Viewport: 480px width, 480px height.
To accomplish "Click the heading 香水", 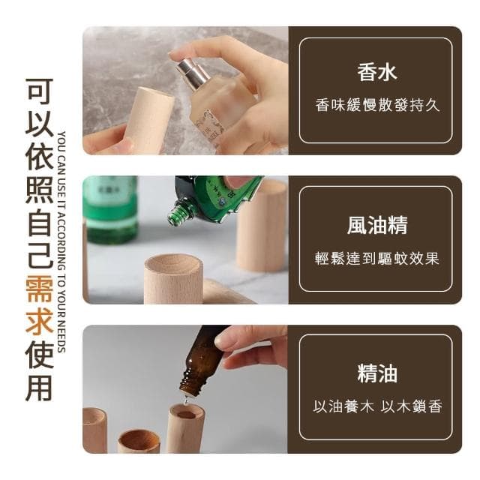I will click(376, 73).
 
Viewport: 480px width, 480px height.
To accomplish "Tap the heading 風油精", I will click(376, 223).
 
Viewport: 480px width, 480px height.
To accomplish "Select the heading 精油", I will click(376, 373).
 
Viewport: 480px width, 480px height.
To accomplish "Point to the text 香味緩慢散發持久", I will click(376, 105).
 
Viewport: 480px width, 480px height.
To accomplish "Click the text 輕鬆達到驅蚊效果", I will click(376, 257).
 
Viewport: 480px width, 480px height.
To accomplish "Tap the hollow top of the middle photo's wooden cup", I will click(172, 263).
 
